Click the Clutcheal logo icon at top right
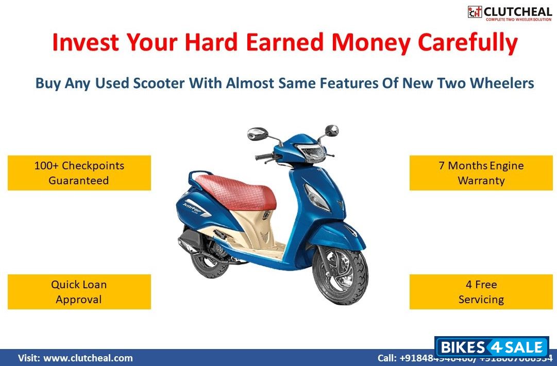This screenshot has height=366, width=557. [x=475, y=12]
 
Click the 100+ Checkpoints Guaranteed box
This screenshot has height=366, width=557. [x=79, y=173]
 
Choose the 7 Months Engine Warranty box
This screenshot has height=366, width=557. [x=481, y=173]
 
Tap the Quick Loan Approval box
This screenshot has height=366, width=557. [x=79, y=292]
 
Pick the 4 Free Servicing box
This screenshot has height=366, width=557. [x=481, y=292]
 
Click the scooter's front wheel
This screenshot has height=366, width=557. [x=340, y=275]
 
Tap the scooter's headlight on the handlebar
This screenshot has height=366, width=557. [x=312, y=153]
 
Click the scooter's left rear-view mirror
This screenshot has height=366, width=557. [x=257, y=134]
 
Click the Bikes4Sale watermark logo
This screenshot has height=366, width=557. [x=492, y=347]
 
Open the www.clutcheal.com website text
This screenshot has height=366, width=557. [x=88, y=358]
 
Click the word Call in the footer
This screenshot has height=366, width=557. [x=387, y=358]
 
